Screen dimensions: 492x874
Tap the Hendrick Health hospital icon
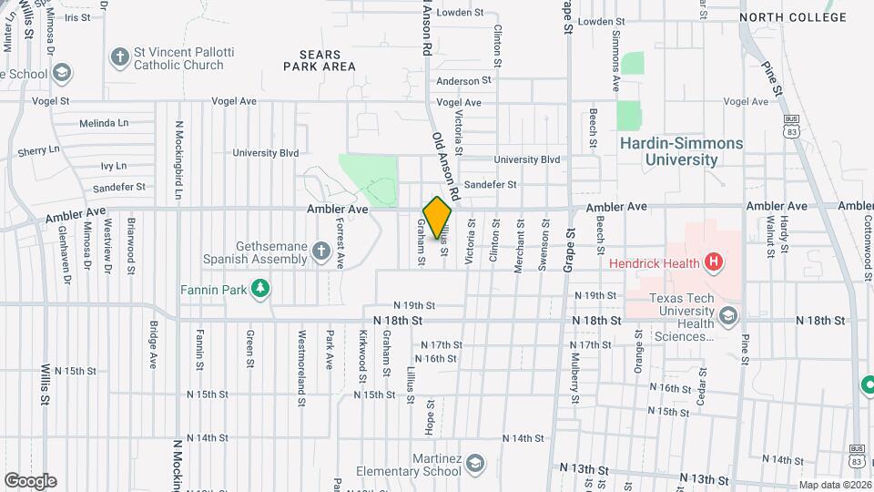(714, 263)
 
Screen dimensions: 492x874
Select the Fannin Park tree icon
(261, 289)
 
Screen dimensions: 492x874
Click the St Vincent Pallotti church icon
(118, 58)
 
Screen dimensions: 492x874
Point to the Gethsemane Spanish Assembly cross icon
(320, 251)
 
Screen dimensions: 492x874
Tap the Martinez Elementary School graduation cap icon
(474, 466)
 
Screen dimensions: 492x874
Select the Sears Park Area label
(319, 60)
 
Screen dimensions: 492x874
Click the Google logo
(30, 480)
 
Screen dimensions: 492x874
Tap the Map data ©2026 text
(835, 486)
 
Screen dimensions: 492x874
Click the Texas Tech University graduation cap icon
(727, 316)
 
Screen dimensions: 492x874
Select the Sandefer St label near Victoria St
(490, 184)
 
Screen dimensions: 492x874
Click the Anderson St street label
(463, 81)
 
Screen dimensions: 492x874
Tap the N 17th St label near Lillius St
(442, 344)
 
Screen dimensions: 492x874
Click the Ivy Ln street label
(113, 166)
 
